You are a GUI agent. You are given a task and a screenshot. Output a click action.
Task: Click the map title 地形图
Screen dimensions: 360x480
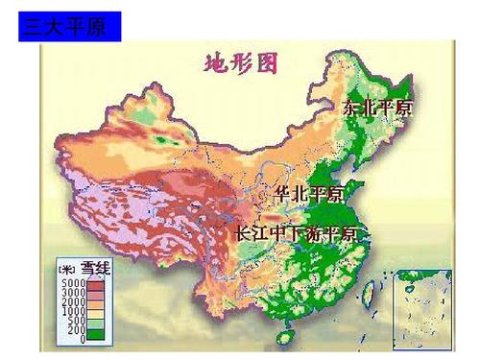[x=241, y=64]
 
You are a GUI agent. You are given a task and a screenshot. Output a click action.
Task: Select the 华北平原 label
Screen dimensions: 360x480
[x=310, y=194]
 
